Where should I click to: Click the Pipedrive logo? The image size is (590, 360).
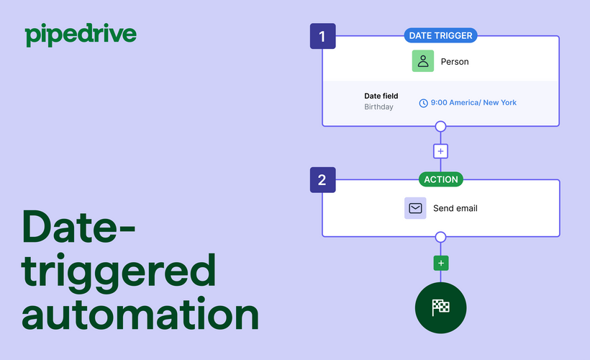pyautogui.click(x=80, y=35)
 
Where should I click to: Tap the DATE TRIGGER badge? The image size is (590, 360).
pyautogui.click(x=440, y=35)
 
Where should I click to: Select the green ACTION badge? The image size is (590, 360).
pyautogui.click(x=440, y=179)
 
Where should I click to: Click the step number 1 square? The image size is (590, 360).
pyautogui.click(x=322, y=36)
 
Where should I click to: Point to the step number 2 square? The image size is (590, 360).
pyautogui.click(x=322, y=180)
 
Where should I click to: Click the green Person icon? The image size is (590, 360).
pyautogui.click(x=423, y=61)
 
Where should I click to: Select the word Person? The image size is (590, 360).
pyautogui.click(x=455, y=62)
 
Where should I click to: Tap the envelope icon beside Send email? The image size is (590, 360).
pyautogui.click(x=415, y=208)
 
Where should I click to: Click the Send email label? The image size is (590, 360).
pyautogui.click(x=455, y=209)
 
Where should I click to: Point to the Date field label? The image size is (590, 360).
pyautogui.click(x=381, y=96)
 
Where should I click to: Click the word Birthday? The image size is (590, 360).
pyautogui.click(x=378, y=107)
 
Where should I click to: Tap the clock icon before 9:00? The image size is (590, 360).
pyautogui.click(x=423, y=103)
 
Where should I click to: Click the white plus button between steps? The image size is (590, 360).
pyautogui.click(x=440, y=151)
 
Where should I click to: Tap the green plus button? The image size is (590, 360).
pyautogui.click(x=440, y=263)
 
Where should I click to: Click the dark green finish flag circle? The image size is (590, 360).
pyautogui.click(x=440, y=308)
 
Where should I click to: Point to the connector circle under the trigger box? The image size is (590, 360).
pyautogui.click(x=440, y=127)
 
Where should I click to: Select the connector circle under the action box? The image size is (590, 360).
pyautogui.click(x=440, y=237)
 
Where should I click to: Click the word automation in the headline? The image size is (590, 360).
pyautogui.click(x=140, y=315)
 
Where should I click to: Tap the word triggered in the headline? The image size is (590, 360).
pyautogui.click(x=119, y=272)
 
